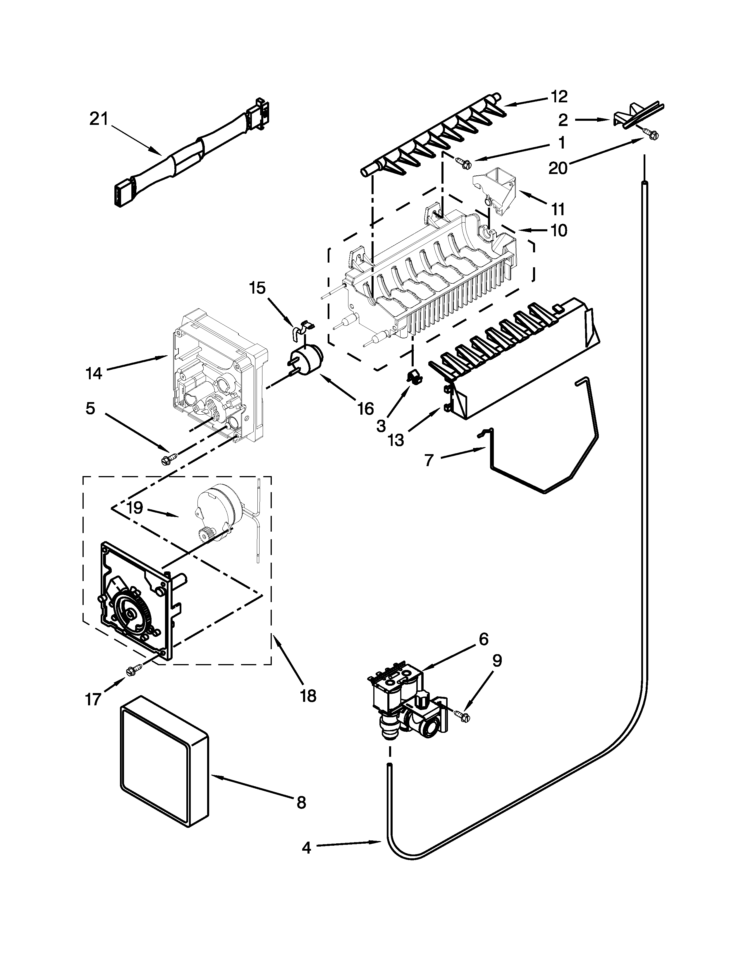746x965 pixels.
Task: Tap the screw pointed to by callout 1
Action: click(463, 163)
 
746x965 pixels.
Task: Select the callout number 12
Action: click(559, 96)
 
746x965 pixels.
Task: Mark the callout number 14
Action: click(94, 373)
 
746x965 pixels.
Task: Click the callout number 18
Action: click(308, 696)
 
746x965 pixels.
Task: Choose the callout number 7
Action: click(429, 460)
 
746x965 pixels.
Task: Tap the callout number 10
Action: click(559, 230)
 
